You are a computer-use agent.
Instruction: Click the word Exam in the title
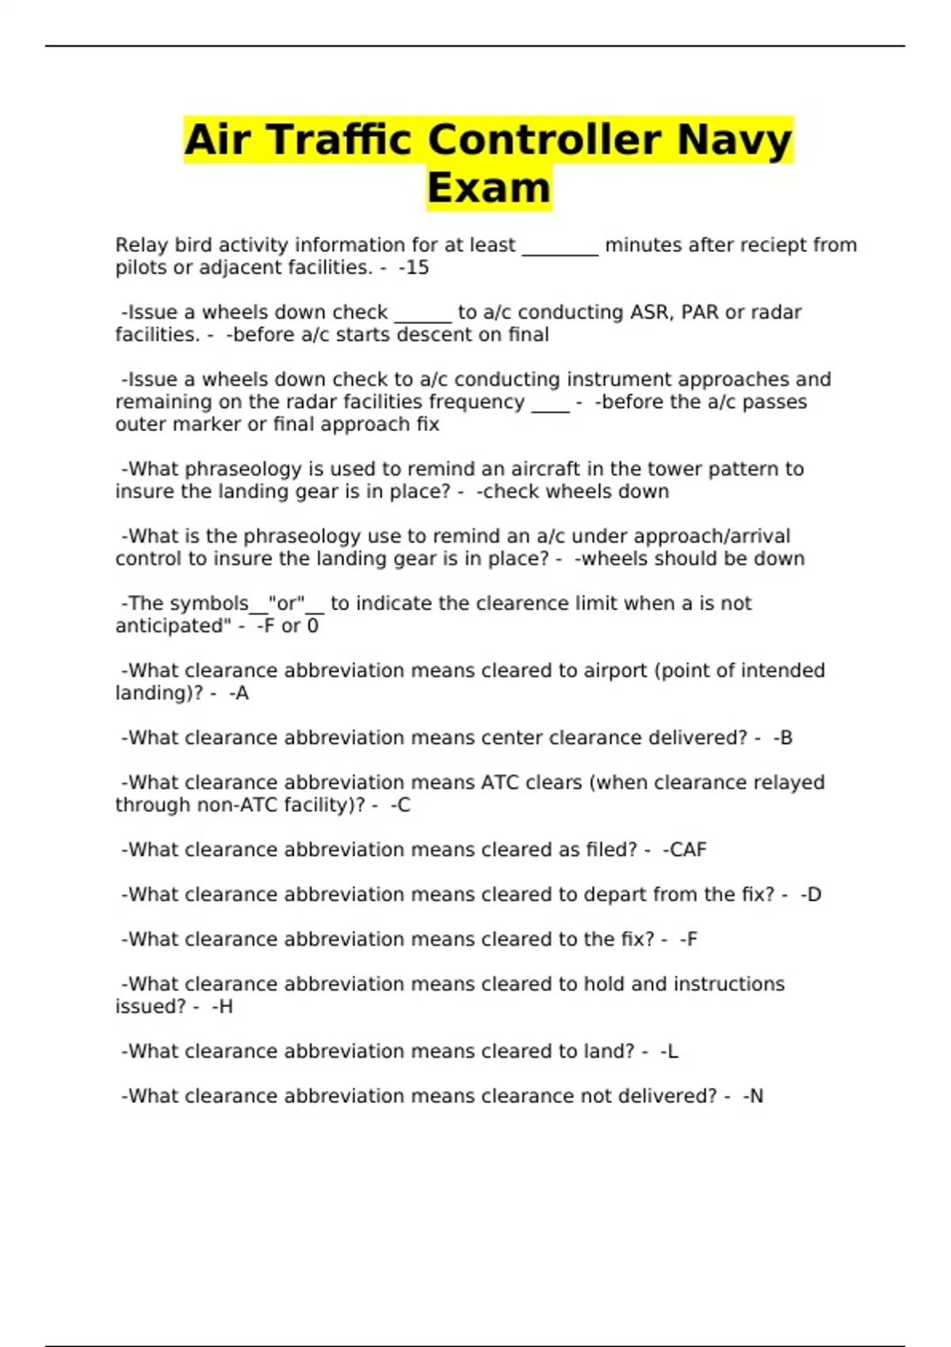tap(488, 189)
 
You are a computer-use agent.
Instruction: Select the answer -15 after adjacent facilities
tap(414, 268)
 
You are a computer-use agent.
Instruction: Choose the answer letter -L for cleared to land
tap(669, 1051)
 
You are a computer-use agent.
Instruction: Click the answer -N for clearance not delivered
tap(753, 1097)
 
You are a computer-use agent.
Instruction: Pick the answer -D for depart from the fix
tap(811, 895)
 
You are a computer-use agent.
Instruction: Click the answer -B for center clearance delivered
tap(782, 738)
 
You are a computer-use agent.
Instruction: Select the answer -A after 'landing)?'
tap(239, 693)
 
